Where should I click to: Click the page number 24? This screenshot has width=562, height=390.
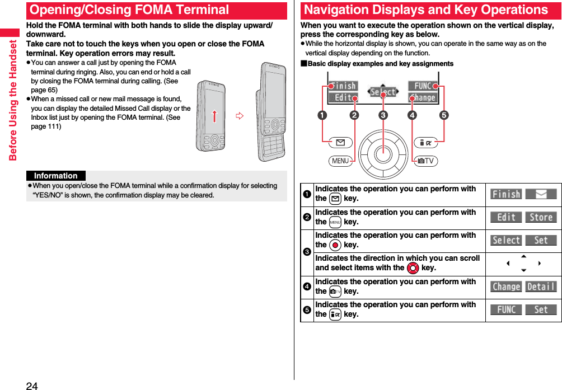pyautogui.click(x=32, y=385)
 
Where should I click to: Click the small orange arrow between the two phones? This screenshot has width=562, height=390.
pyautogui.click(x=239, y=116)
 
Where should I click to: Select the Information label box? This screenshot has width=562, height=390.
pyautogui.click(x=56, y=176)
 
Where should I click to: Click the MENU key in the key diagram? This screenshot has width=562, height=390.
pyautogui.click(x=340, y=161)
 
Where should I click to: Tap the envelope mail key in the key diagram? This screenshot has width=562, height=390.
pyautogui.click(x=341, y=143)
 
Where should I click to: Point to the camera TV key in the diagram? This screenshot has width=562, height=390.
pyautogui.click(x=426, y=161)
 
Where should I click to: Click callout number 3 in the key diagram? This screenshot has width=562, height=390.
pyautogui.click(x=383, y=116)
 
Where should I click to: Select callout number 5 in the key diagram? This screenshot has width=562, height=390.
pyautogui.click(x=443, y=116)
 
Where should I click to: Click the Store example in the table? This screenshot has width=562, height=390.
pyautogui.click(x=541, y=217)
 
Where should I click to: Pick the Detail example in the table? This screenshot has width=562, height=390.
pyautogui.click(x=541, y=286)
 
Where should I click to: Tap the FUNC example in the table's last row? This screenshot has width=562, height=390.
pyautogui.click(x=506, y=309)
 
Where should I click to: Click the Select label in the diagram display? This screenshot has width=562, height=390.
pyautogui.click(x=383, y=92)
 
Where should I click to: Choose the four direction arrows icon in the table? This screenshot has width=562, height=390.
pyautogui.click(x=523, y=264)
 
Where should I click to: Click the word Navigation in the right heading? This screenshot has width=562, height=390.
pyautogui.click(x=342, y=10)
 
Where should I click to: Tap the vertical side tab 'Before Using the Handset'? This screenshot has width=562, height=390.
pyautogui.click(x=13, y=101)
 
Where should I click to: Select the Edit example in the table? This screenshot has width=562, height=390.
pyautogui.click(x=506, y=217)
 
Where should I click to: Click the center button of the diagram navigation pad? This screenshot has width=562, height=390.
pyautogui.click(x=383, y=152)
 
